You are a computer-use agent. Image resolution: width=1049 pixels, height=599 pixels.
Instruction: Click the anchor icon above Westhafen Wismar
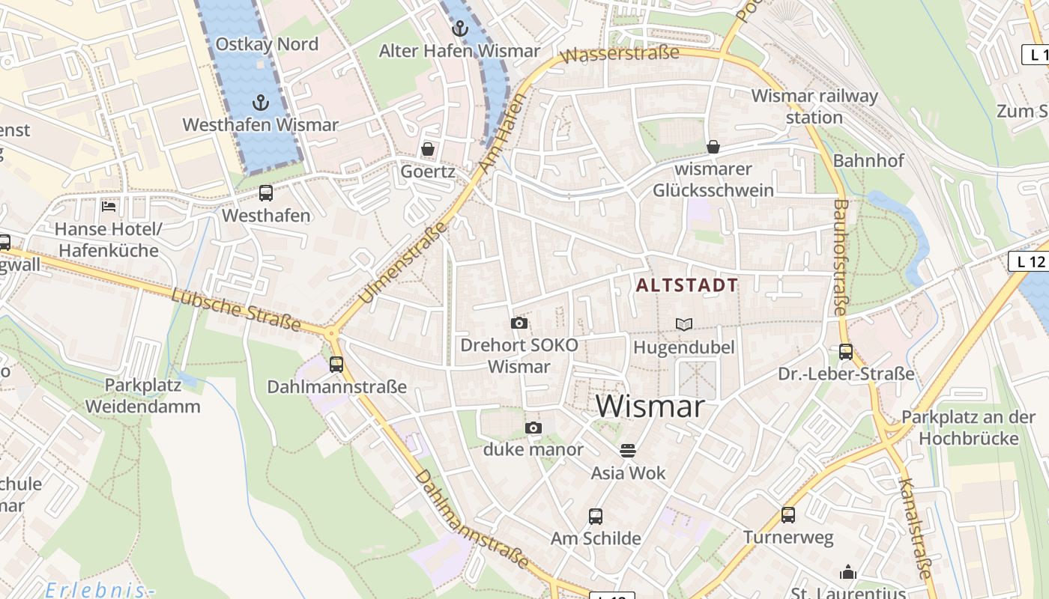coord(261,102)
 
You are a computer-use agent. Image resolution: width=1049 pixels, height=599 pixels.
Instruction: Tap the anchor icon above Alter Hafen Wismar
coord(459,29)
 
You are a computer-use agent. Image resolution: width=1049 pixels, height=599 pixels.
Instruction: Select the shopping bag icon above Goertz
coord(428,149)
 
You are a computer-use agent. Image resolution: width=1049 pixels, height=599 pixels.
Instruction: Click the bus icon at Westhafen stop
coord(266,193)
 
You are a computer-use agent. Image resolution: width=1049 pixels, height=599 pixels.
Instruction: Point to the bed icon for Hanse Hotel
coord(109,206)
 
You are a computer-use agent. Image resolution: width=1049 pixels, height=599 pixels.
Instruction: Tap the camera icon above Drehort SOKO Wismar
coord(519,323)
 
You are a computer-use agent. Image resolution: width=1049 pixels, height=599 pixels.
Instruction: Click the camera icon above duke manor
coord(533,428)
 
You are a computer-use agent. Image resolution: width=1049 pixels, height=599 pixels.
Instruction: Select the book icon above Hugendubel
coord(684,324)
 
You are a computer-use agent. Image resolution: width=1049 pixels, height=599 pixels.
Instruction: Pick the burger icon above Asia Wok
coord(628,450)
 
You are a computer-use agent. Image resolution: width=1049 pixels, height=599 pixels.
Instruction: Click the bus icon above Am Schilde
coord(596,516)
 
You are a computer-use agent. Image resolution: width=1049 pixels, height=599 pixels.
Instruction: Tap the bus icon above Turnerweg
coord(787,514)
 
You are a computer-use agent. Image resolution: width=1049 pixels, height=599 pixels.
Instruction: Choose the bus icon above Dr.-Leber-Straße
coord(846,351)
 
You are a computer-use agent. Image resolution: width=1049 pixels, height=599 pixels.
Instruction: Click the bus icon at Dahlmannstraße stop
coord(336,365)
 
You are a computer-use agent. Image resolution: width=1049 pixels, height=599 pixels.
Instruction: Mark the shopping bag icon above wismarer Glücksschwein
coord(713,147)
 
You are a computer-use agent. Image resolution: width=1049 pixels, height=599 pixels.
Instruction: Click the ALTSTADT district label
coord(687,285)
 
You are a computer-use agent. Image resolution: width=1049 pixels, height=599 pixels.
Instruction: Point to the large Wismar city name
coord(650,407)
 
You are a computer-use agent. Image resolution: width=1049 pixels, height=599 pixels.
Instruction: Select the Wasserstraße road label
coord(619,55)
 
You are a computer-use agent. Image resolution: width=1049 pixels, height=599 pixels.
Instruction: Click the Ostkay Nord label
coord(267,44)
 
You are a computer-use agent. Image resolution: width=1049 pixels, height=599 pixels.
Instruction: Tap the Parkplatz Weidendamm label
coord(142,396)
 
